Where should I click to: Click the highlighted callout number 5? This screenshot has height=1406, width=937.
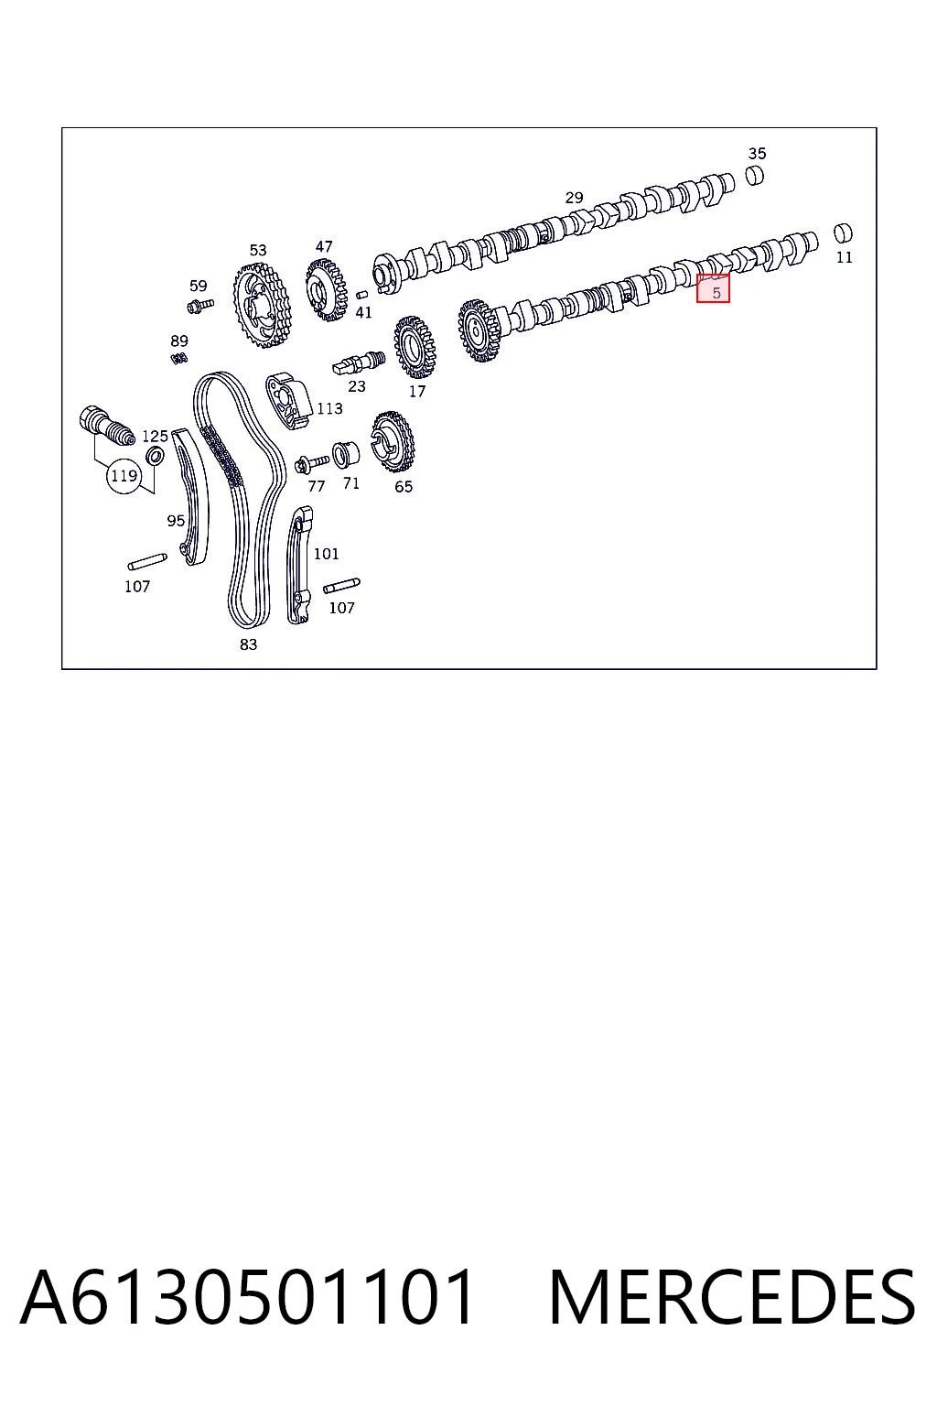coord(716,293)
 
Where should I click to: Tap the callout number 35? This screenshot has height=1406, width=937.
coord(757,153)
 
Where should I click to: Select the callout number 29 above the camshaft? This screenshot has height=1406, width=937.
coord(574,198)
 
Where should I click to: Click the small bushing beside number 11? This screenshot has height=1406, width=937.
coord(843,233)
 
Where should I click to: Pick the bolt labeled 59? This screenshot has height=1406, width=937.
coord(199,306)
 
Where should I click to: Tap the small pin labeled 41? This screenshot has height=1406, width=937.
coord(361,294)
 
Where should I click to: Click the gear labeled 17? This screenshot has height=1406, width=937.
coord(415,347)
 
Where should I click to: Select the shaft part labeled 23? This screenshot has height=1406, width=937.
coord(359,362)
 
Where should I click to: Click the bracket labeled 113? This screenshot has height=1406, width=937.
coord(288,401)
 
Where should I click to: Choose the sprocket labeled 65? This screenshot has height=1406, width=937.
coord(393,442)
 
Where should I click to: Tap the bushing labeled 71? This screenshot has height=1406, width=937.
coord(345,455)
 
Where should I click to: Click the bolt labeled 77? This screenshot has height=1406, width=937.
coord(311,464)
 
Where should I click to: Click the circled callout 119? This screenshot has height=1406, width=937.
coord(124,476)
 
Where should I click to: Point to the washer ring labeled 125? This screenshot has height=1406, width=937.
coord(155,457)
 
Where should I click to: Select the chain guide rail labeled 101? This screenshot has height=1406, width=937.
coord(298,565)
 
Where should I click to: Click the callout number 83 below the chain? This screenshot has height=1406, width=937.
coord(249,644)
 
